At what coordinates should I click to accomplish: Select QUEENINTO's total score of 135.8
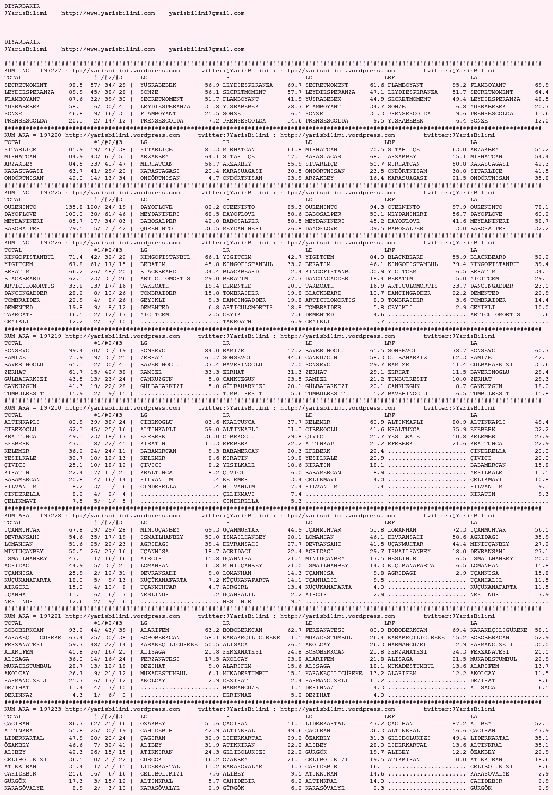coord(74,207)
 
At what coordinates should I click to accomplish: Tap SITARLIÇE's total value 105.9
coord(74,150)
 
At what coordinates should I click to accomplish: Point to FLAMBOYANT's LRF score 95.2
coord(459,85)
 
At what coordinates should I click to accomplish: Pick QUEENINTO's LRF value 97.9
coord(459,207)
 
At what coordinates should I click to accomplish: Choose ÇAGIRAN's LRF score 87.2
coord(459,724)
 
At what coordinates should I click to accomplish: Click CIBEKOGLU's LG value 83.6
coord(212,422)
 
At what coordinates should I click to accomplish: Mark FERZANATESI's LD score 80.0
coord(377,630)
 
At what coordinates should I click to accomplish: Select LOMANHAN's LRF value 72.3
coord(459,530)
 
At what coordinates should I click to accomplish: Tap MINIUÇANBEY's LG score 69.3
coord(212,530)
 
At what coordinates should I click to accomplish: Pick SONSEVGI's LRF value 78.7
coord(459,351)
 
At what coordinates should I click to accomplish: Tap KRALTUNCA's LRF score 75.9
coord(459,430)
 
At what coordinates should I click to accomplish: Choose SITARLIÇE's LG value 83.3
coord(212,150)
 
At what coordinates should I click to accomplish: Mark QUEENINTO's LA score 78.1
coord(542,207)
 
